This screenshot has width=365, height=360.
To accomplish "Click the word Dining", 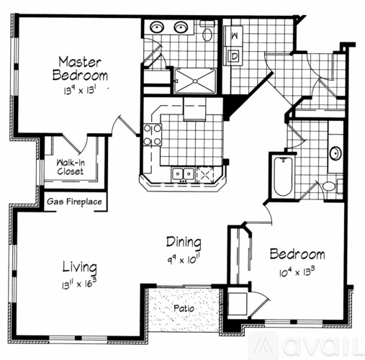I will (x=184, y=242).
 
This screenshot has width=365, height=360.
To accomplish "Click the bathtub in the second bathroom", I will (x=282, y=176).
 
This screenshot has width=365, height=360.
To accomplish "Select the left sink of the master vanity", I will (x=157, y=28).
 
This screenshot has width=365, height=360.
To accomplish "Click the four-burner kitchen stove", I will (x=153, y=135).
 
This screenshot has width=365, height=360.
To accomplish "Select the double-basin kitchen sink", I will (x=182, y=174).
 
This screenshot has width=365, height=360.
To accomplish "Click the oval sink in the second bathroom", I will (x=335, y=153).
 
